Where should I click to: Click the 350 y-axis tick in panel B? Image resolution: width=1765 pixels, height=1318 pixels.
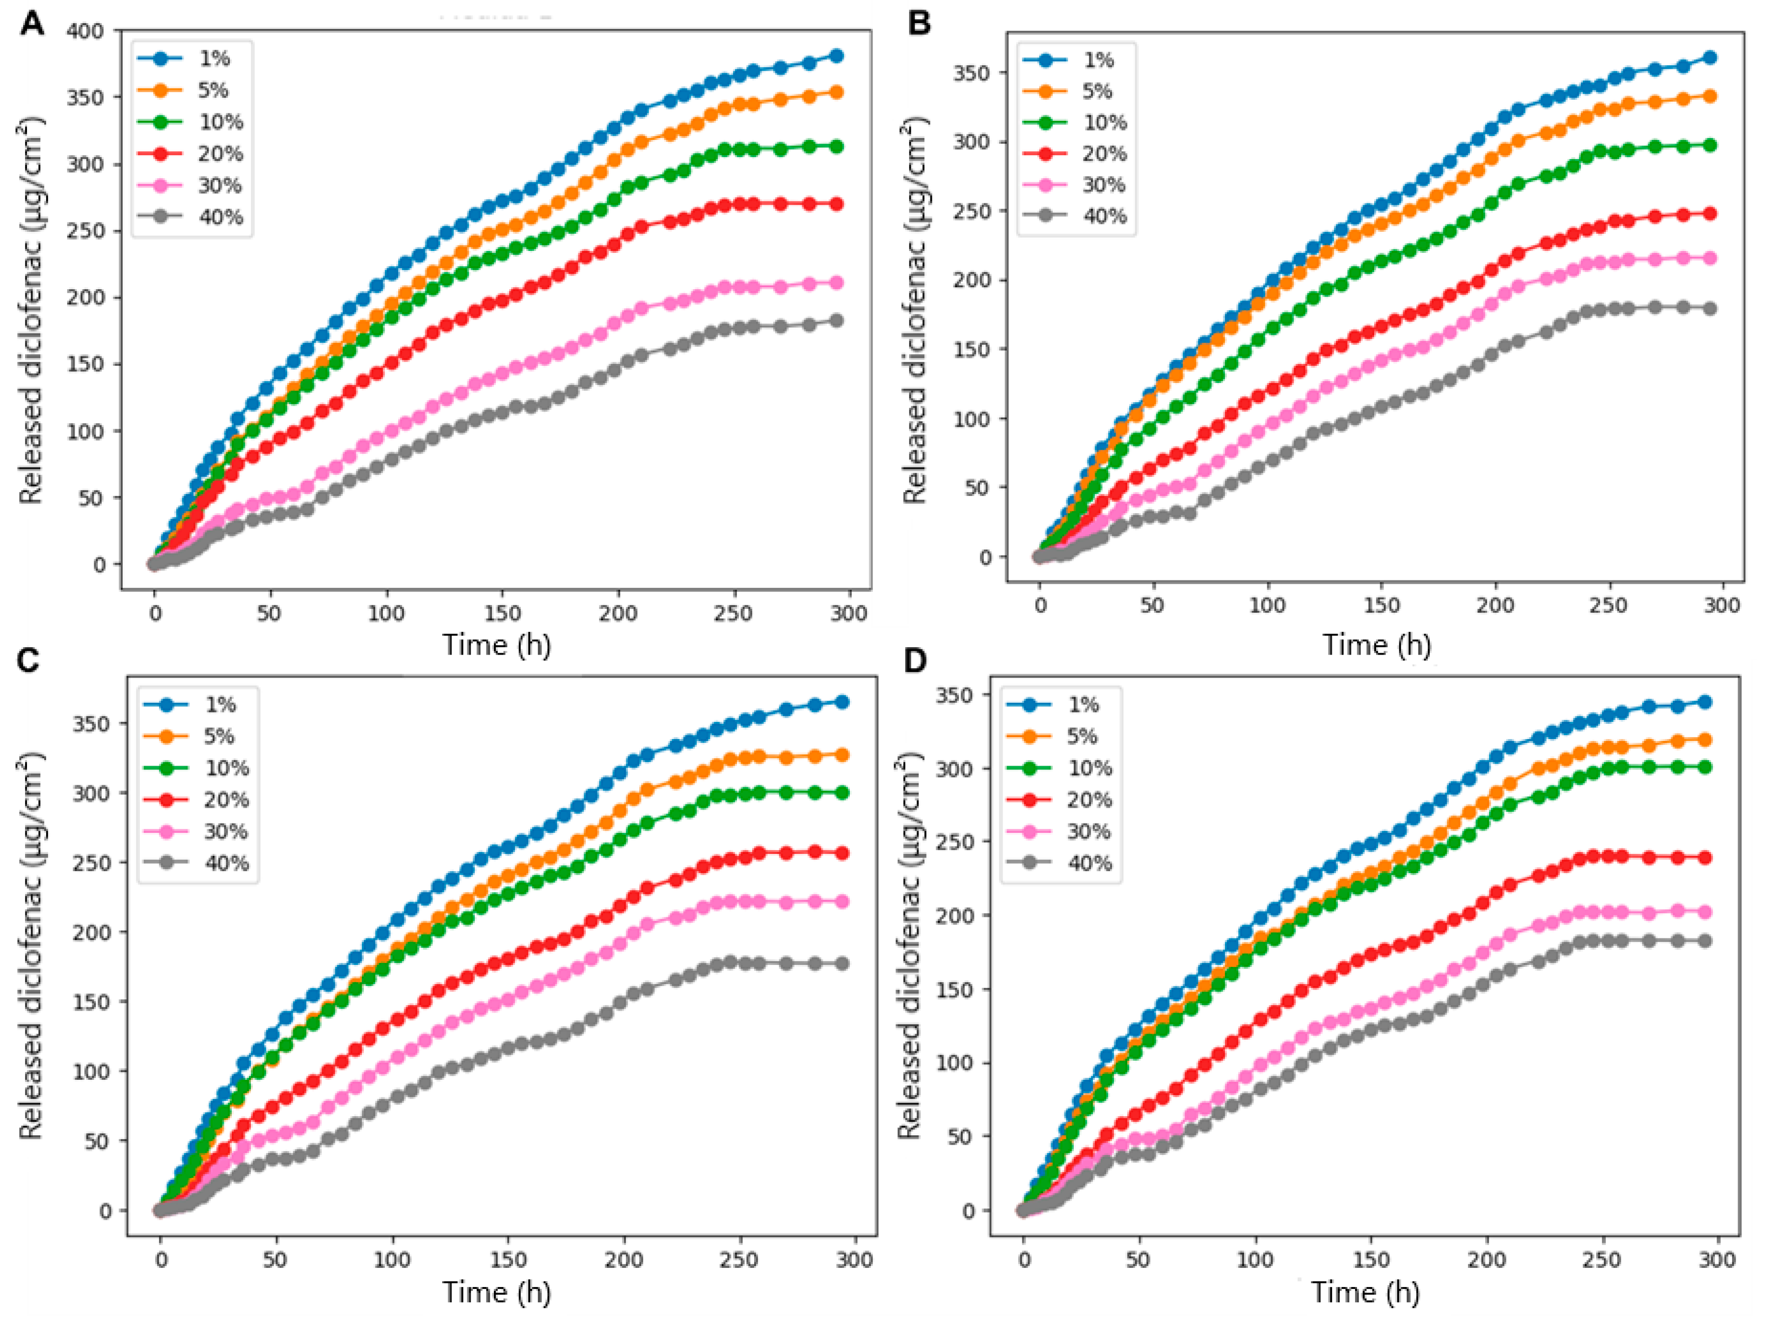972,73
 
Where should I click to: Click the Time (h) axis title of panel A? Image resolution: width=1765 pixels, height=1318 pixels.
496,645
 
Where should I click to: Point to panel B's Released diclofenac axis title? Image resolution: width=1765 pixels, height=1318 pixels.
914,311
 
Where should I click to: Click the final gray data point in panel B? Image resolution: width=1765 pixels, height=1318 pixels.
1709,309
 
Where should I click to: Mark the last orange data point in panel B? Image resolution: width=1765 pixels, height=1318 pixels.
1709,97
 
